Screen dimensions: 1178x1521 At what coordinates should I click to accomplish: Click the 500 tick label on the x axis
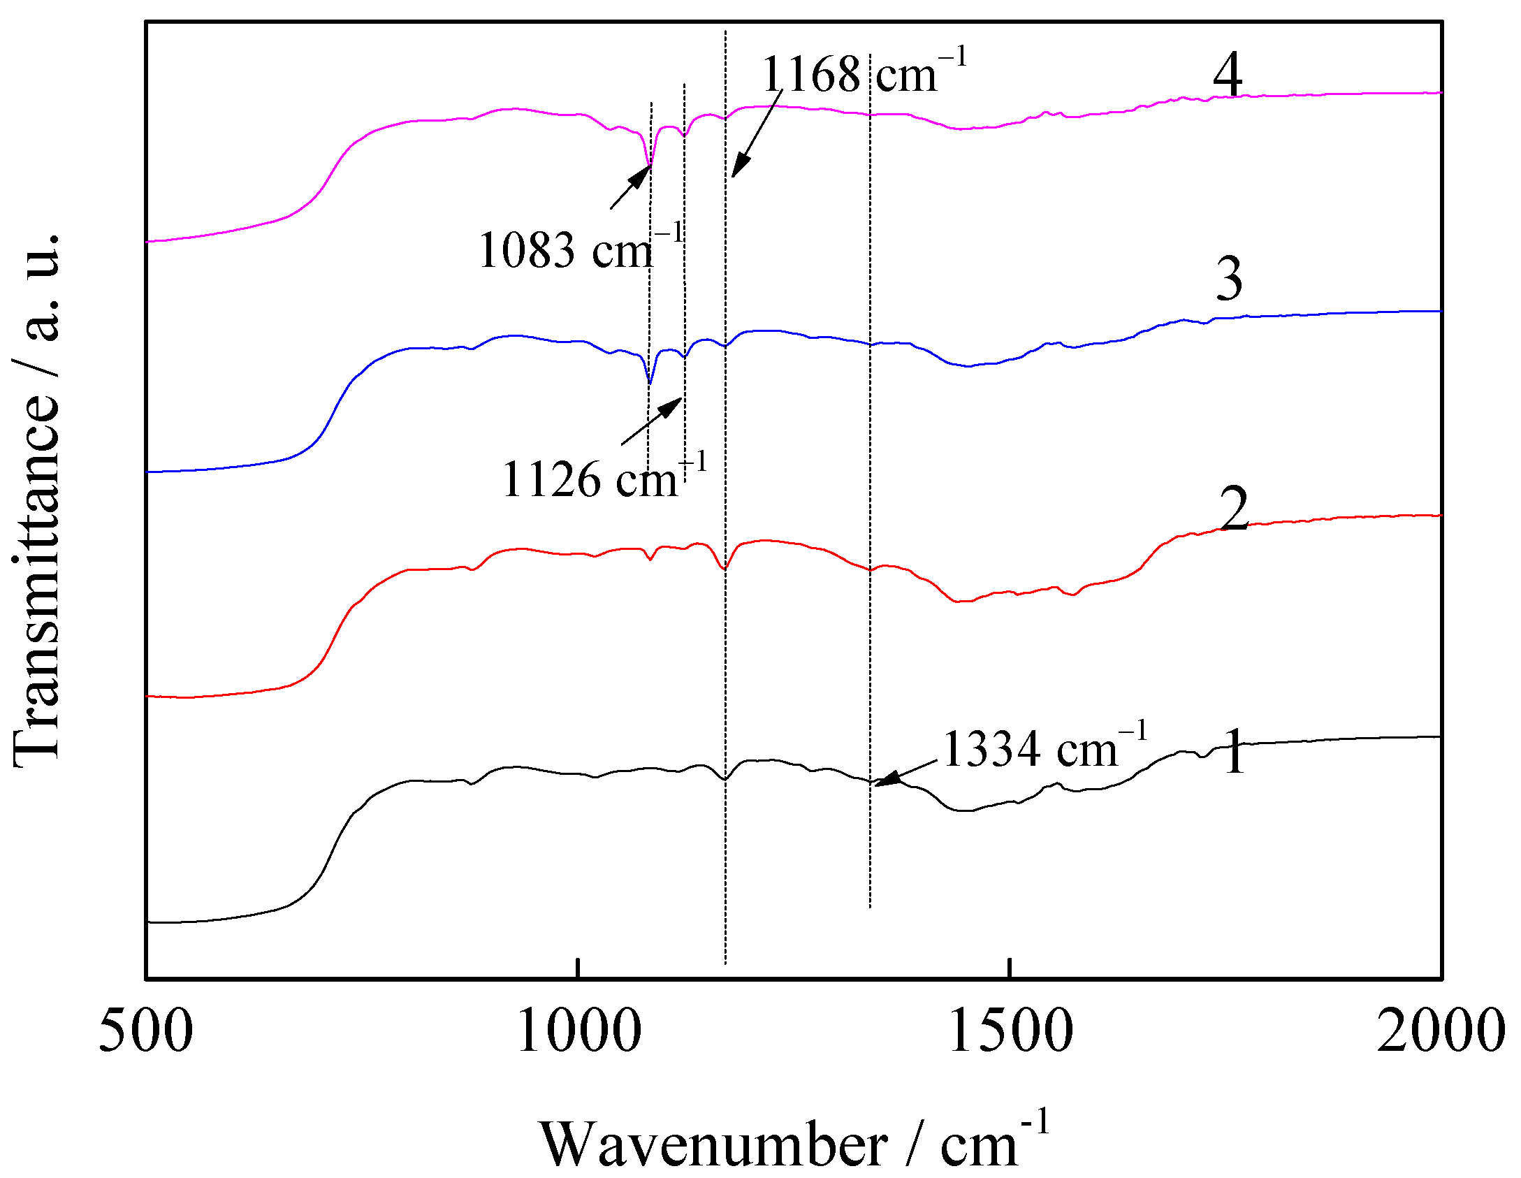tap(145, 1032)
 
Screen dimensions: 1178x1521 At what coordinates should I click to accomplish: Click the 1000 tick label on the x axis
tap(578, 1032)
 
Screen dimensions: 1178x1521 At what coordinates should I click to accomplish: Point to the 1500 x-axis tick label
tap(1010, 1032)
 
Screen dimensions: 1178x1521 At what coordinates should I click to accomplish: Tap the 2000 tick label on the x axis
tap(1441, 1032)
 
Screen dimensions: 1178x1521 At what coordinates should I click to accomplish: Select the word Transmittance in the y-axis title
tap(36, 580)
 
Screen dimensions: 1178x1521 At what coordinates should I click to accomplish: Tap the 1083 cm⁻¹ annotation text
tap(580, 249)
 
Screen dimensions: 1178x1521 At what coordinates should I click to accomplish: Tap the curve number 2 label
tap(1234, 508)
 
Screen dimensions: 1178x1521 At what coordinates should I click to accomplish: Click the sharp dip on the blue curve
tap(650, 383)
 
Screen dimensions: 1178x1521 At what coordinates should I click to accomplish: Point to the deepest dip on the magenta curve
tap(649, 165)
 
